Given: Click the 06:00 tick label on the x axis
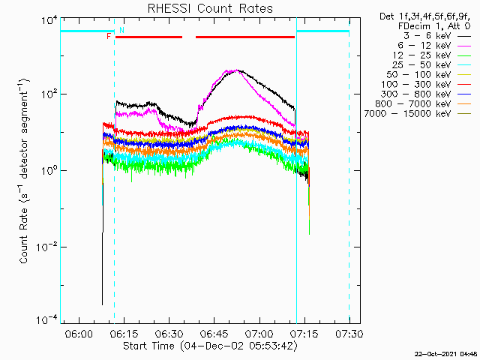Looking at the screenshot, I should [79, 332].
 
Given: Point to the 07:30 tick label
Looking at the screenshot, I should [349, 332].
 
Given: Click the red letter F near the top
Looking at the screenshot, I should [109, 36].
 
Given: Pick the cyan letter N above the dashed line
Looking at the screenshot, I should [121, 30].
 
